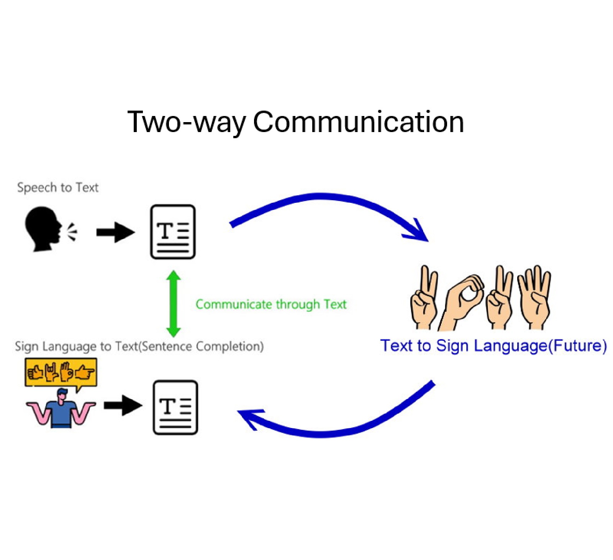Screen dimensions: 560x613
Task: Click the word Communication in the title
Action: [x=358, y=122]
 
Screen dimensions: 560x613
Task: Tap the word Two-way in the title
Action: [x=187, y=122]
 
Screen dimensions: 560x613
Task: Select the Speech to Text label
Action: [x=58, y=188]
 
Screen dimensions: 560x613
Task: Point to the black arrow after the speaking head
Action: [x=115, y=232]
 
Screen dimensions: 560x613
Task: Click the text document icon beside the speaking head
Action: [x=173, y=232]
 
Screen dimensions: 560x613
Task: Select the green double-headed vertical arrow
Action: [x=174, y=304]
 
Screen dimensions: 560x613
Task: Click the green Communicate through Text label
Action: [x=271, y=304]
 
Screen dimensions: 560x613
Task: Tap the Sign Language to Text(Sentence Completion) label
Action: [x=139, y=346]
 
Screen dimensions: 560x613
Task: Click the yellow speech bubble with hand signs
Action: [x=61, y=372]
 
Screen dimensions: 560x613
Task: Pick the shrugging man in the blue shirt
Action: [x=61, y=409]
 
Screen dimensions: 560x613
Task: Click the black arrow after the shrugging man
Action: [x=123, y=405]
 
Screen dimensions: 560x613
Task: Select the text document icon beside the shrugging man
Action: [x=175, y=407]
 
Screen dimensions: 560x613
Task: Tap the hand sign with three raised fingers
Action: [x=534, y=297]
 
